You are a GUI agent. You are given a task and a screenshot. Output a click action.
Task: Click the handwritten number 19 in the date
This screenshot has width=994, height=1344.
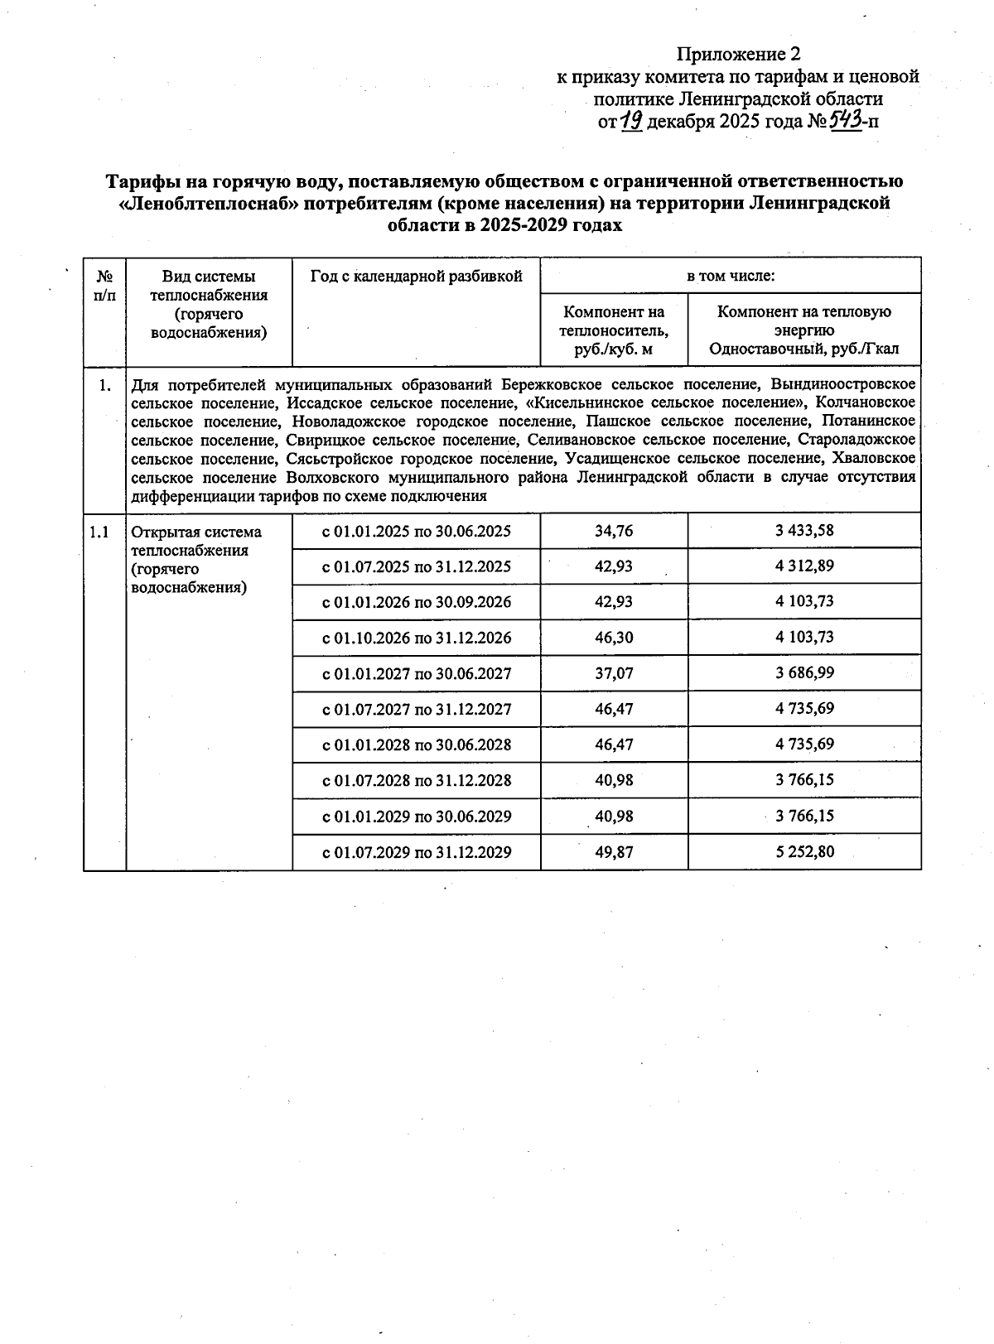coord(632,121)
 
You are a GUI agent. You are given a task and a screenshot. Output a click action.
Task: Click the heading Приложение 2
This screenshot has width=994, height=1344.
coord(739,55)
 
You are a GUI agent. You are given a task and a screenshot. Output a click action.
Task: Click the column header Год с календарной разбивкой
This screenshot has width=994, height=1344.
coord(416,277)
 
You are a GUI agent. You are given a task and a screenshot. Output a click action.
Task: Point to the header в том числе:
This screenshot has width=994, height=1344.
coord(730,276)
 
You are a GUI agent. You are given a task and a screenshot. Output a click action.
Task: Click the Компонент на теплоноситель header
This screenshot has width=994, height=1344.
coord(614,330)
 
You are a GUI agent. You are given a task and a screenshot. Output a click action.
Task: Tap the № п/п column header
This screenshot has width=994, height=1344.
coord(104,285)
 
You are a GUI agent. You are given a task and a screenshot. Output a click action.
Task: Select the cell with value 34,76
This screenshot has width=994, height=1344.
coord(614,531)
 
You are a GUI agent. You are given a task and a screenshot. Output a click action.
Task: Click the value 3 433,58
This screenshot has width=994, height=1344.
coord(803,531)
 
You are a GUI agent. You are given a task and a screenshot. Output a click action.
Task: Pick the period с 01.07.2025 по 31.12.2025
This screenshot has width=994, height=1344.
coord(416,566)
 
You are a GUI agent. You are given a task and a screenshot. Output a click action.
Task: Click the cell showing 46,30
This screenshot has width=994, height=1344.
coord(614,638)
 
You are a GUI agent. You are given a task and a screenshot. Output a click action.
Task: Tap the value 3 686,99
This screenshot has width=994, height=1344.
coord(803,673)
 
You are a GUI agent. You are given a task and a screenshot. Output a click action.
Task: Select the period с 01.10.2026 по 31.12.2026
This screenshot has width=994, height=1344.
coord(416,638)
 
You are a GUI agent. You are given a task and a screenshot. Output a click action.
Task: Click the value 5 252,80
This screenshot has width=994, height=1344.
coord(803,851)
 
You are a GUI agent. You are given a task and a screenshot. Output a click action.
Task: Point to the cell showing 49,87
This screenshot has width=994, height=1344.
coord(614,851)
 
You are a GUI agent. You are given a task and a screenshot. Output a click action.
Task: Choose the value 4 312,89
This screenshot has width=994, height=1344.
coord(803,566)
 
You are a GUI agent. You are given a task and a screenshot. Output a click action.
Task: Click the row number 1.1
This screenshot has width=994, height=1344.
coord(99,532)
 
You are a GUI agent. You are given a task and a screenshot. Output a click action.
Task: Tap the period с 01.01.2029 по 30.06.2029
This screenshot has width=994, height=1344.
coord(416,817)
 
